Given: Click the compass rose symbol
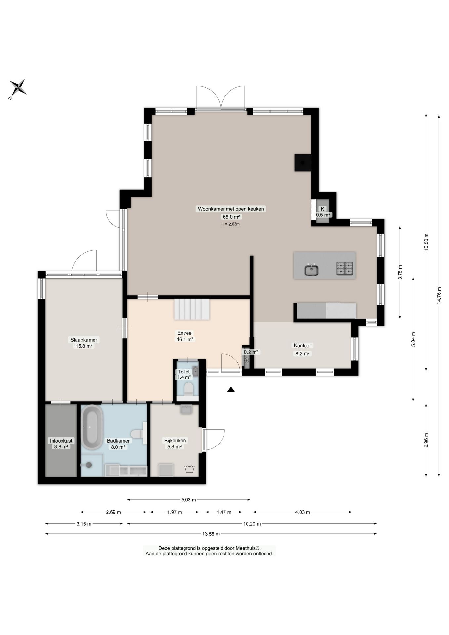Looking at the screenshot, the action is coord(18,88).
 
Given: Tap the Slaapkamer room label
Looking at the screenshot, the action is coord(84,340).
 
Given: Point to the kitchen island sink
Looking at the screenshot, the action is coord(311,270).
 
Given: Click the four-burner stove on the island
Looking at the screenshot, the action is coord(345,268).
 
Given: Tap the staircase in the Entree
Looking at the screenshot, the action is coord(192,309).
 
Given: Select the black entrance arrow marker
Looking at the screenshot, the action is coord(231,389).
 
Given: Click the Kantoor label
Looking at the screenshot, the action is coord(303,345).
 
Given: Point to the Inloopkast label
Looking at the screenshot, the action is coord(61,441).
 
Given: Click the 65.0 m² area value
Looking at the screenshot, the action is coord(230,217).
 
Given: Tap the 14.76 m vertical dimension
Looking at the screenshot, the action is coord(439,295).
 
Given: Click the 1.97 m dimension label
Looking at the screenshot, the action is coord(175,512).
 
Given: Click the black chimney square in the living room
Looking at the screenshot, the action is coord(303,163).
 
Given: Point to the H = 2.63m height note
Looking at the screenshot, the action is coord(230,224).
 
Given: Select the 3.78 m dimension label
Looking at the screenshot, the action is coord(400,273).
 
